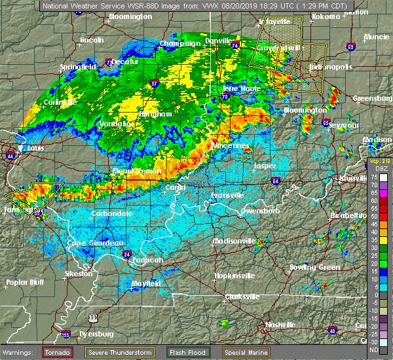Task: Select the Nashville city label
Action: [x=280, y=325]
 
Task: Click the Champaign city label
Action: [x=180, y=44]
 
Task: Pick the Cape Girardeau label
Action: [x=96, y=243]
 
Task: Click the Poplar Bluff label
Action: [x=23, y=282]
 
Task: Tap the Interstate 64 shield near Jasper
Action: [x=275, y=181]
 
